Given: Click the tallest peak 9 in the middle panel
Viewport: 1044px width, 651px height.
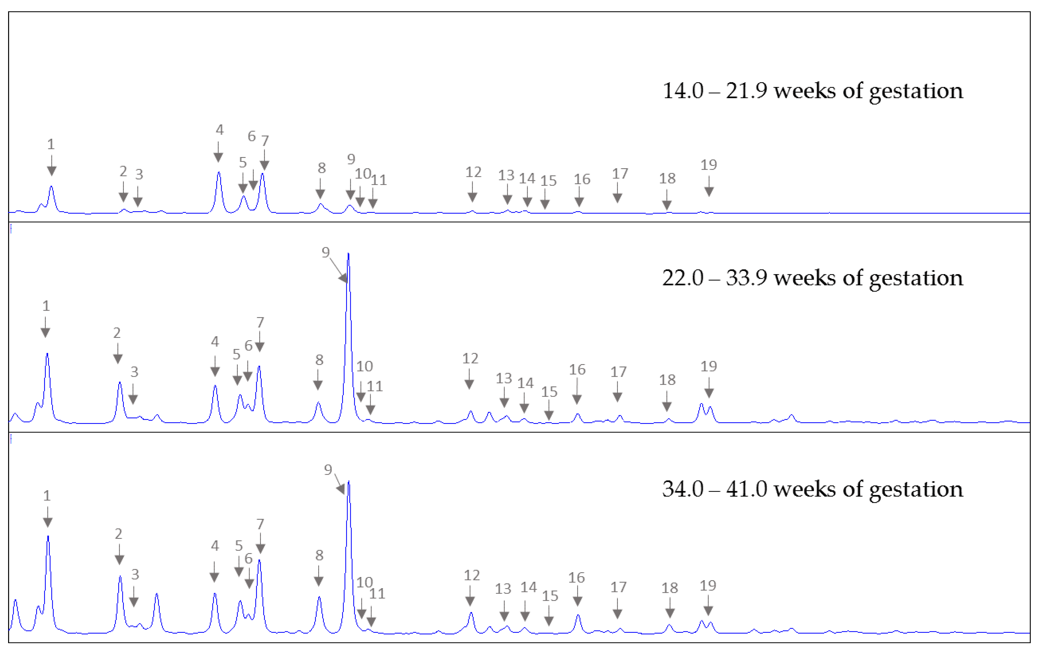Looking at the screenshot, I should pyautogui.click(x=348, y=255).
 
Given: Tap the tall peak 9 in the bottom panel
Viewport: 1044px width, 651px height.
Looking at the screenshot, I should pyautogui.click(x=348, y=483).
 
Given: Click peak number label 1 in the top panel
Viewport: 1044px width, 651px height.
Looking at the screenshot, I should pyautogui.click(x=51, y=144).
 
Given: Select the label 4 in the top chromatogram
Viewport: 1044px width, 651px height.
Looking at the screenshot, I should pyautogui.click(x=220, y=130).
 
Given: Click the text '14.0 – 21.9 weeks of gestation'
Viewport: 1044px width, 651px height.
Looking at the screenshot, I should pyautogui.click(x=812, y=91).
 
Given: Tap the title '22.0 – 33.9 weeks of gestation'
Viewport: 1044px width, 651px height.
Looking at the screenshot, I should pyautogui.click(x=812, y=278).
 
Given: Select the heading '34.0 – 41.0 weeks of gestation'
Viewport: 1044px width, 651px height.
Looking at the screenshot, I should pyautogui.click(x=812, y=489).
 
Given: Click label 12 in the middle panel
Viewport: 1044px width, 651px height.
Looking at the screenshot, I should pyautogui.click(x=470, y=358).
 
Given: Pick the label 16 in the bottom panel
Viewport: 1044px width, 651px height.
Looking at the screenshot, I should pyautogui.click(x=576, y=577).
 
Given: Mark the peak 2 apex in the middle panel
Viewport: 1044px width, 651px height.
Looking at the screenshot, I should pyautogui.click(x=120, y=383).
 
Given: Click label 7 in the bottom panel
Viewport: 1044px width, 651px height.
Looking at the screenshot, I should pyautogui.click(x=260, y=524).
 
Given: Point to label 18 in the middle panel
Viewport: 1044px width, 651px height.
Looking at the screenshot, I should pyautogui.click(x=667, y=380).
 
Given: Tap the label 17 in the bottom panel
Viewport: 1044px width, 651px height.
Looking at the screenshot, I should pyautogui.click(x=619, y=587).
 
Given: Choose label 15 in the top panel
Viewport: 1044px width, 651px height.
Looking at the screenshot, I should pyautogui.click(x=548, y=181).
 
